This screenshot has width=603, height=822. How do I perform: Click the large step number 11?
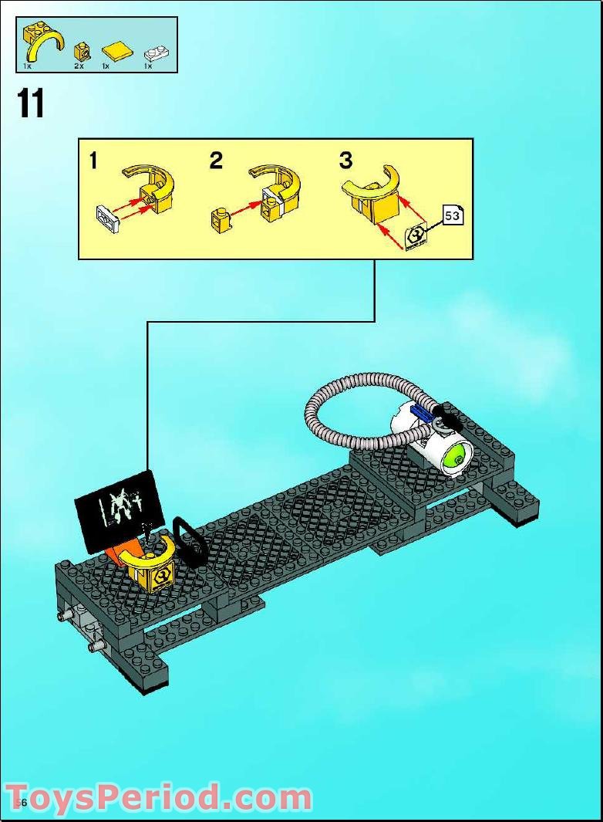(31, 105)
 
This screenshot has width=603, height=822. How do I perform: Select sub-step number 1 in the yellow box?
(93, 161)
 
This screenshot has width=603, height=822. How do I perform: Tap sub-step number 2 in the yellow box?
(216, 161)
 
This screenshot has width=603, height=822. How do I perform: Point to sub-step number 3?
(345, 161)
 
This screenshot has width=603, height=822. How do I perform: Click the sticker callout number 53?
(453, 216)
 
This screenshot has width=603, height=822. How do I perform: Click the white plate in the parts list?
(156, 53)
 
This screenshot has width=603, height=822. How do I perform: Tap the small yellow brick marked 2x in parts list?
(79, 52)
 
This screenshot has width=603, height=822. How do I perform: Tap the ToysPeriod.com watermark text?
(158, 797)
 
